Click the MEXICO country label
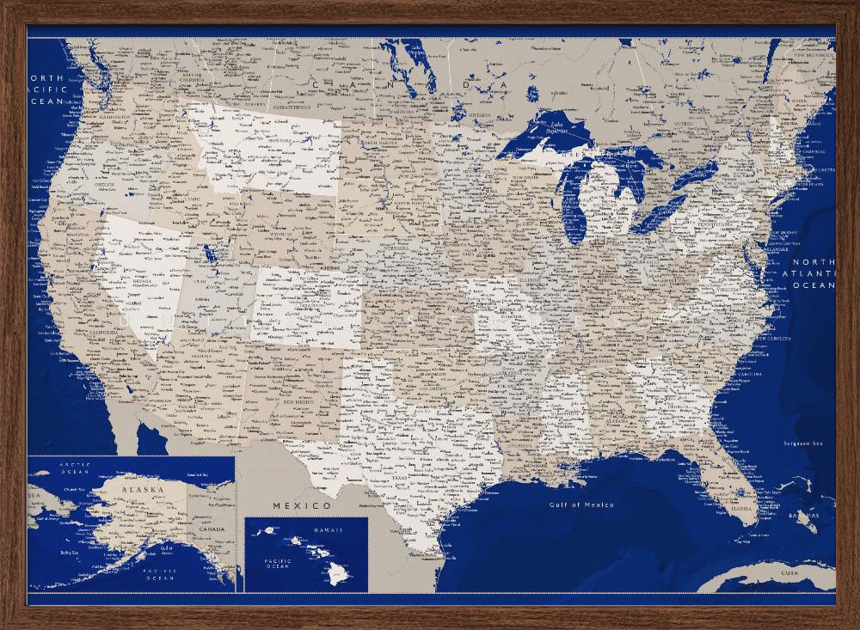(302, 505)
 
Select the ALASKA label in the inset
(142, 489)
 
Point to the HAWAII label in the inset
(327, 530)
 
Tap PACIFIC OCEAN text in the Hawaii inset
(278, 564)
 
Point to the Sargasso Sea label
(805, 443)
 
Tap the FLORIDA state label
(740, 507)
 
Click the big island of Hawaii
(341, 572)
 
